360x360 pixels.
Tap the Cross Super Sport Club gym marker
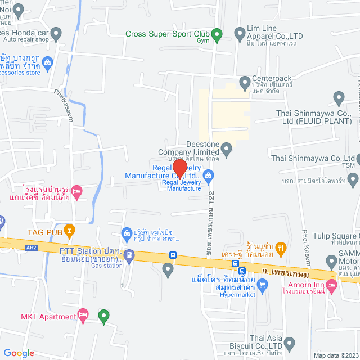click(220, 34)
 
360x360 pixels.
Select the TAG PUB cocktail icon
click(69, 229)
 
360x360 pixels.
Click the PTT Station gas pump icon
click(129, 255)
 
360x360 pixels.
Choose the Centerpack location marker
click(245, 83)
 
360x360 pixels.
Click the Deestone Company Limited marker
click(226, 149)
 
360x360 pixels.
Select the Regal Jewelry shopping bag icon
click(209, 176)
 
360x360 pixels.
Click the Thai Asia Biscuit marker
click(290, 343)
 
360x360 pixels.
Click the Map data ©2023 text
click(335, 355)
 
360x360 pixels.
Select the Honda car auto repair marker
click(55, 35)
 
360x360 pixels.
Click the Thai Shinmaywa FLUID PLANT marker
click(338, 100)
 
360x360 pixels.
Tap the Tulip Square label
click(336, 235)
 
